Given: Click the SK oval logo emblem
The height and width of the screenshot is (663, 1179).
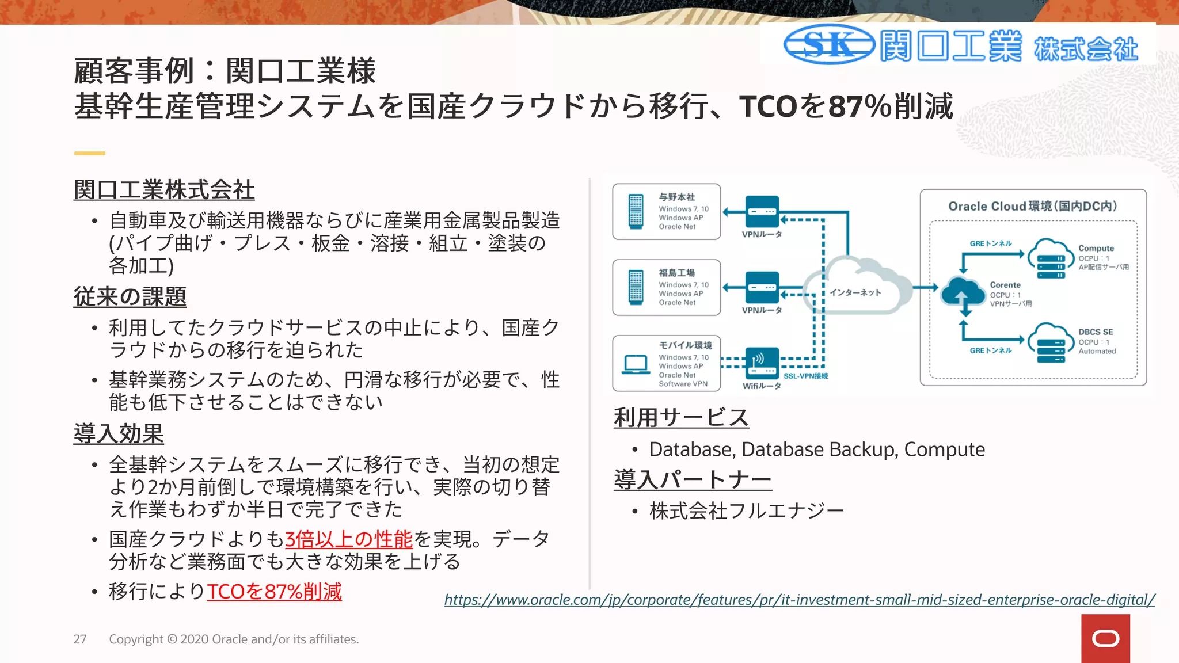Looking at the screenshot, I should coord(829,44).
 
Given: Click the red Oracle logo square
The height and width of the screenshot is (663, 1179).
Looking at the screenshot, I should coord(1105,638).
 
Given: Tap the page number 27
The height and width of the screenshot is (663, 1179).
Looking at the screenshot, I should coord(80,639).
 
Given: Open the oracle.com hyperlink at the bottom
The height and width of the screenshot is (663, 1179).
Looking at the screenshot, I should coord(799,600).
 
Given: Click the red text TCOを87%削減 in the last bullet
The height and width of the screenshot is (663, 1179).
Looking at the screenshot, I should coord(274,592).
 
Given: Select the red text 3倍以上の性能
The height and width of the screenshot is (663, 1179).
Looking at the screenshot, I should coord(349,539).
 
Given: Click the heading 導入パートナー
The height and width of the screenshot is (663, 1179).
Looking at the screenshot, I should coord(693,479).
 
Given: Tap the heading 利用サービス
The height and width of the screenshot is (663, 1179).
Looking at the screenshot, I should coord(681,417).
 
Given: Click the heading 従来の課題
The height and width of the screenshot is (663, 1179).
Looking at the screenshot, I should coord(130,296).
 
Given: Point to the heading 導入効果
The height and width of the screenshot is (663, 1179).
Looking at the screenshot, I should coord(119,433).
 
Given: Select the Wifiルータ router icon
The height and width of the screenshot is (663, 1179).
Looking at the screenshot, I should coord(762,363).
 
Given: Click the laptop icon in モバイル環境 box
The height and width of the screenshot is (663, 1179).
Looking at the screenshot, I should coord(636,364).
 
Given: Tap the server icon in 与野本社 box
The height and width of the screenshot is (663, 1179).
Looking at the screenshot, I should coord(636,212).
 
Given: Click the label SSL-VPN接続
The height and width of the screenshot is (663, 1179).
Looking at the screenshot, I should coord(805,376).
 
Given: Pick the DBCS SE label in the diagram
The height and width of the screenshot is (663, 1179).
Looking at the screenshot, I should coord(1095,332).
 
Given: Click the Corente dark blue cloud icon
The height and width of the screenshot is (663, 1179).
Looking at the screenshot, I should coord(963,292).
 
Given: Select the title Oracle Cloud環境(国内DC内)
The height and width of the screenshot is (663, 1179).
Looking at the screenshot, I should coord(1032,206).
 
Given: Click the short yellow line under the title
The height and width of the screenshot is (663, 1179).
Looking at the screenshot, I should coord(89,153).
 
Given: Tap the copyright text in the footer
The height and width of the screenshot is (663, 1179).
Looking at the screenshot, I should coord(234,639).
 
